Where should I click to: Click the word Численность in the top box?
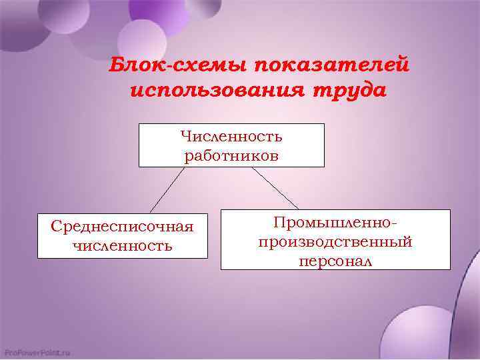[231, 137]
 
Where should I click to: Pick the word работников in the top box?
[231, 156]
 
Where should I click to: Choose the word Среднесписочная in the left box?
[123, 227]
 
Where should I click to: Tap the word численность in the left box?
[123, 246]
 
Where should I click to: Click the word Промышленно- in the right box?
[335, 222]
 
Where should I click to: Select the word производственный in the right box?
[335, 241]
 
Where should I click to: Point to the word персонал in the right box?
[335, 261]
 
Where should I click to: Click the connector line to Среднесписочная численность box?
[167, 189]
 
